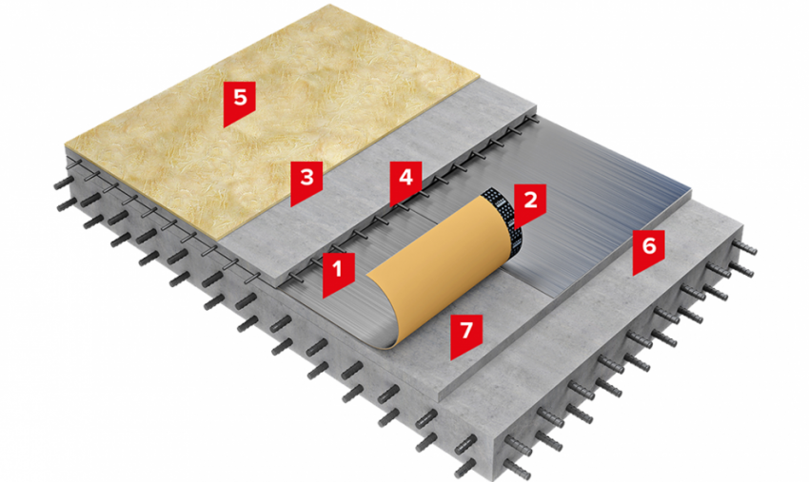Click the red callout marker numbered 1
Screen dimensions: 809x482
pyautogui.click(x=338, y=272)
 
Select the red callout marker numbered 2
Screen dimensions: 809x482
pyautogui.click(x=530, y=203)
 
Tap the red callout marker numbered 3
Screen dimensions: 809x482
pyautogui.click(x=306, y=181)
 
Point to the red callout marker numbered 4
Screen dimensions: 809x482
pyautogui.click(x=405, y=181)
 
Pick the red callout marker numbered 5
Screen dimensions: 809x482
pyautogui.click(x=240, y=101)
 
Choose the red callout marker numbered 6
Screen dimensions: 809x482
pyautogui.click(x=648, y=249)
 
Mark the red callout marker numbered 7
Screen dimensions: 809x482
pyautogui.click(x=466, y=334)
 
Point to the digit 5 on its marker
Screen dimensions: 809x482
pyautogui.click(x=240, y=97)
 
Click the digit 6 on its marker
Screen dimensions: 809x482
pyautogui.click(x=648, y=245)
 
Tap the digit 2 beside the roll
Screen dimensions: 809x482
pyautogui.click(x=530, y=200)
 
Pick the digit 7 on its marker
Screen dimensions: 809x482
pyautogui.click(x=466, y=330)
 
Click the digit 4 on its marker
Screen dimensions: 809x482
pyautogui.click(x=405, y=177)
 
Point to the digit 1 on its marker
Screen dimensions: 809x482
pyautogui.click(x=338, y=268)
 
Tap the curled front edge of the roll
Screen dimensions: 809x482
pyautogui.click(x=385, y=309)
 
